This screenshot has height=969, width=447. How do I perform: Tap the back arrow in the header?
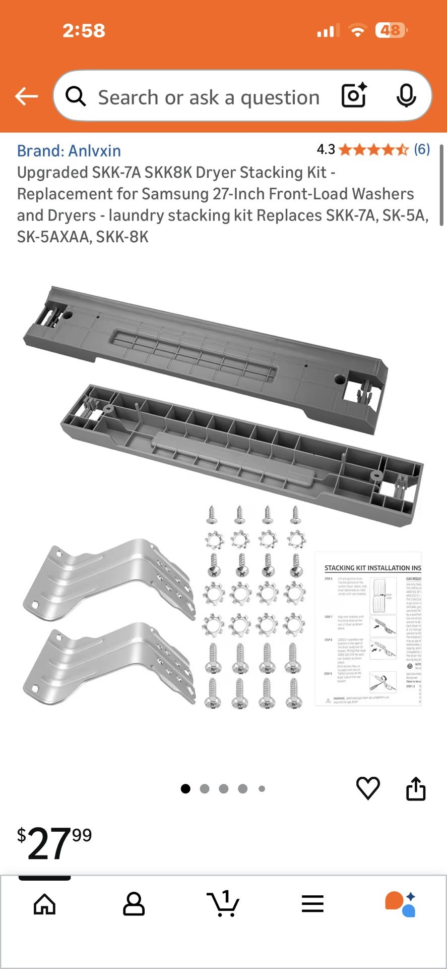[x=26, y=96]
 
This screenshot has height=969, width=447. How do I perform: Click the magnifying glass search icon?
[x=76, y=96]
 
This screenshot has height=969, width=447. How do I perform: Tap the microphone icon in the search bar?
[x=406, y=96]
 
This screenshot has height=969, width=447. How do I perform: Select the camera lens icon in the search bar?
[x=354, y=96]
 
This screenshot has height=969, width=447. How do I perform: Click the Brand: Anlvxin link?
[x=69, y=150]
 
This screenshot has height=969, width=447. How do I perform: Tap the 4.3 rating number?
[x=326, y=149]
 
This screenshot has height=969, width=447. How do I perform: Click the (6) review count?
[x=422, y=149]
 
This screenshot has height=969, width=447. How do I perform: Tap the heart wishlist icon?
[x=368, y=788]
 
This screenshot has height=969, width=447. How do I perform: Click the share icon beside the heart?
[x=416, y=788]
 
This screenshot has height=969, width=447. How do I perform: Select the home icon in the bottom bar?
[x=44, y=904]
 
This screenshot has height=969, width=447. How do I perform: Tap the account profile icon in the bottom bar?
[x=134, y=904]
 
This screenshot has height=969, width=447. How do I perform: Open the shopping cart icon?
[x=223, y=903]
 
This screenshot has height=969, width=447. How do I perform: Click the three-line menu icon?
[x=312, y=904]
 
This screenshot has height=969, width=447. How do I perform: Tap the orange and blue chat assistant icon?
[x=401, y=904]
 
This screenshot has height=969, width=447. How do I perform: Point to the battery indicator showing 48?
[x=391, y=31]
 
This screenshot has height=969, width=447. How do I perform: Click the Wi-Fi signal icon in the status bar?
[x=358, y=31]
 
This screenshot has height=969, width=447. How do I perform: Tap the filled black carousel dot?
[x=185, y=788]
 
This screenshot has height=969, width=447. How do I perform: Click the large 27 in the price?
[x=48, y=844]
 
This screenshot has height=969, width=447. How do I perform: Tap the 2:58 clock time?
[x=84, y=31]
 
